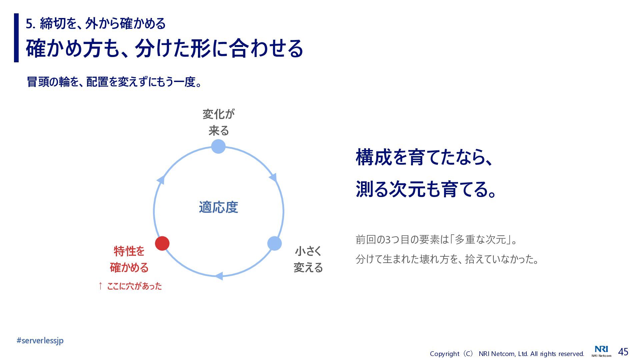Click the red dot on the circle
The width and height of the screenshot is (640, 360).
[x=162, y=243]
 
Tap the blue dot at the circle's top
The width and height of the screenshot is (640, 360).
[x=218, y=146]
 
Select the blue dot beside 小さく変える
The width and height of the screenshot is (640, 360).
[x=274, y=243]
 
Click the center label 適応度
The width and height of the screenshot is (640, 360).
[x=218, y=207]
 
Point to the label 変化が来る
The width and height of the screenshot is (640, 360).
[x=218, y=122]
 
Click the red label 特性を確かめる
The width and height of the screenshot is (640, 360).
[x=129, y=259]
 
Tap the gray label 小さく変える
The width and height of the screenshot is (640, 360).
[x=308, y=259]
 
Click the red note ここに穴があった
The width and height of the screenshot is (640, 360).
[x=134, y=286]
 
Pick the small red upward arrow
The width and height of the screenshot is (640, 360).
[x=100, y=286]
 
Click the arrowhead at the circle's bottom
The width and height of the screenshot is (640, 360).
[x=219, y=276]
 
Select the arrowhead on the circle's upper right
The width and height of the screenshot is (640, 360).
[x=273, y=177]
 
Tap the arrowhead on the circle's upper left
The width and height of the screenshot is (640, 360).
[x=161, y=180]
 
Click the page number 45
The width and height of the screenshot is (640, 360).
[x=623, y=352]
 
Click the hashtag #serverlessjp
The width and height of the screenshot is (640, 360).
[x=40, y=340]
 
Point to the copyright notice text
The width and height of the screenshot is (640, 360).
[x=507, y=354]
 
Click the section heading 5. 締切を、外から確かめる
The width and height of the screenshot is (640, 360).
[x=96, y=23]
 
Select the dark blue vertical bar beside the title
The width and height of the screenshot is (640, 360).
[x=16, y=38]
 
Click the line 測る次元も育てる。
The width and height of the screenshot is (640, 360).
[x=427, y=189]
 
